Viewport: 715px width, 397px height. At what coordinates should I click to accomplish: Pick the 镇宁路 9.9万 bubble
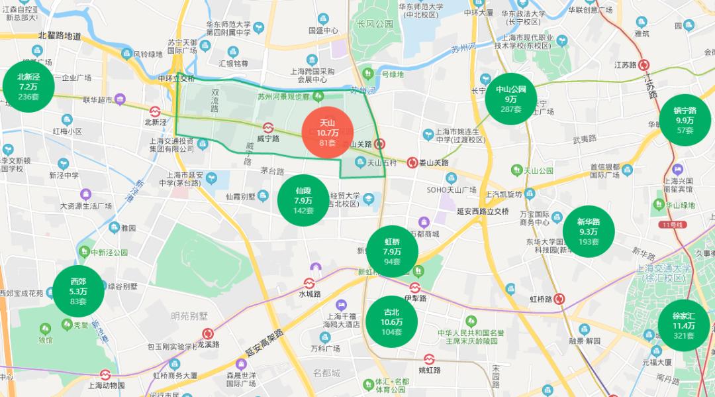(x=685, y=120)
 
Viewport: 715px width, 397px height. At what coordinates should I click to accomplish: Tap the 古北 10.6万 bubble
(x=391, y=321)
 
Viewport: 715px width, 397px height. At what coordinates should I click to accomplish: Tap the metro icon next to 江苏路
(x=644, y=64)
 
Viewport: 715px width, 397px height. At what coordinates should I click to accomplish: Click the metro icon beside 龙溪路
(x=209, y=334)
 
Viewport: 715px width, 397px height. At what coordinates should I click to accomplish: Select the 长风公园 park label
(x=375, y=24)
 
